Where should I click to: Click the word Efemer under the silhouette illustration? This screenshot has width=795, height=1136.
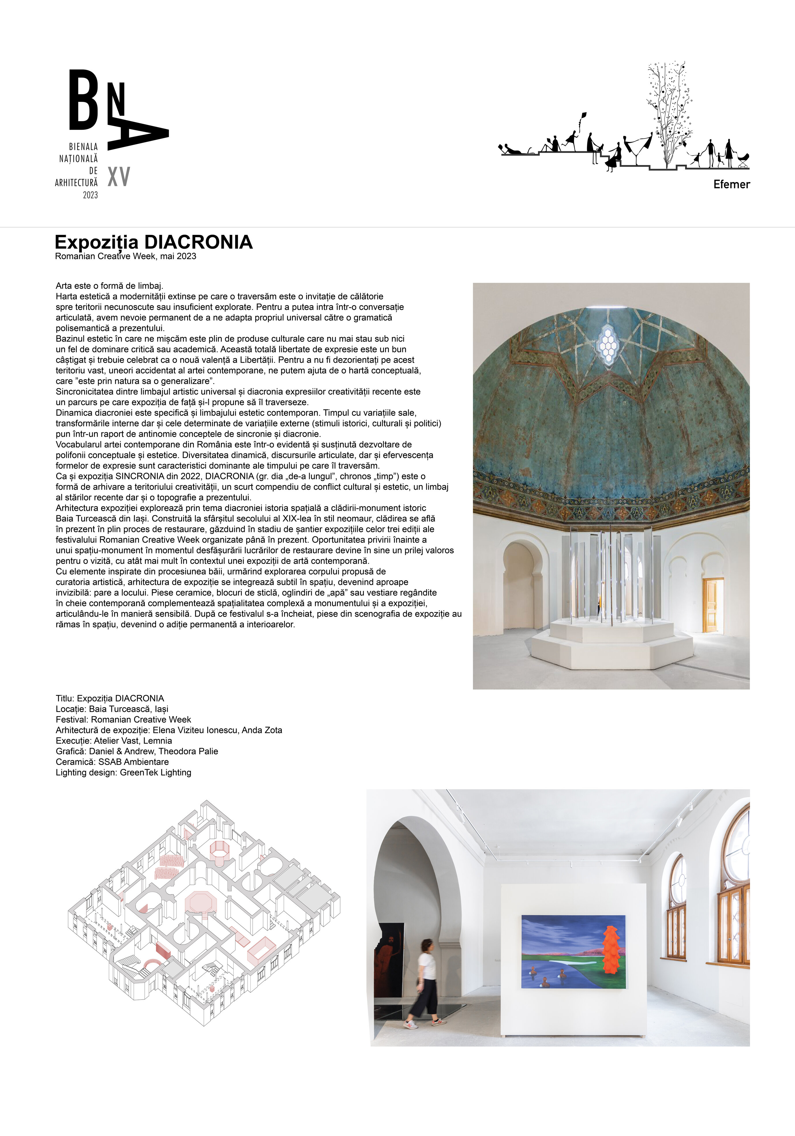tap(731, 185)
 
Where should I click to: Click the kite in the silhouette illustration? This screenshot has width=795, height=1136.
tap(583, 117)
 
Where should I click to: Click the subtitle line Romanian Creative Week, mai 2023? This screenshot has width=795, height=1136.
tap(126, 256)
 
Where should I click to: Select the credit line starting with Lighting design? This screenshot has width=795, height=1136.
tap(123, 772)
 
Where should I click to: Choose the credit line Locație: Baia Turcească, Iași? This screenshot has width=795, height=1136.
tap(112, 708)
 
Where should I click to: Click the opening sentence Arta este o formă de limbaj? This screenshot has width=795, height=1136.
tap(109, 286)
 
